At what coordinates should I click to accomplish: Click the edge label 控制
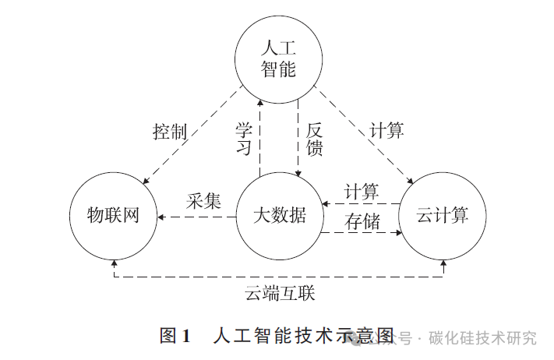click(170, 131)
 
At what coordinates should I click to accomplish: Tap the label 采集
click(204, 199)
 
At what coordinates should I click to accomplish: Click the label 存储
click(362, 221)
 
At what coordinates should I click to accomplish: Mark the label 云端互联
click(280, 294)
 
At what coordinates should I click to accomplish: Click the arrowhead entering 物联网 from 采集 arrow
click(160, 217)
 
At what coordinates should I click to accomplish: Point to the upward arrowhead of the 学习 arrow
click(260, 101)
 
